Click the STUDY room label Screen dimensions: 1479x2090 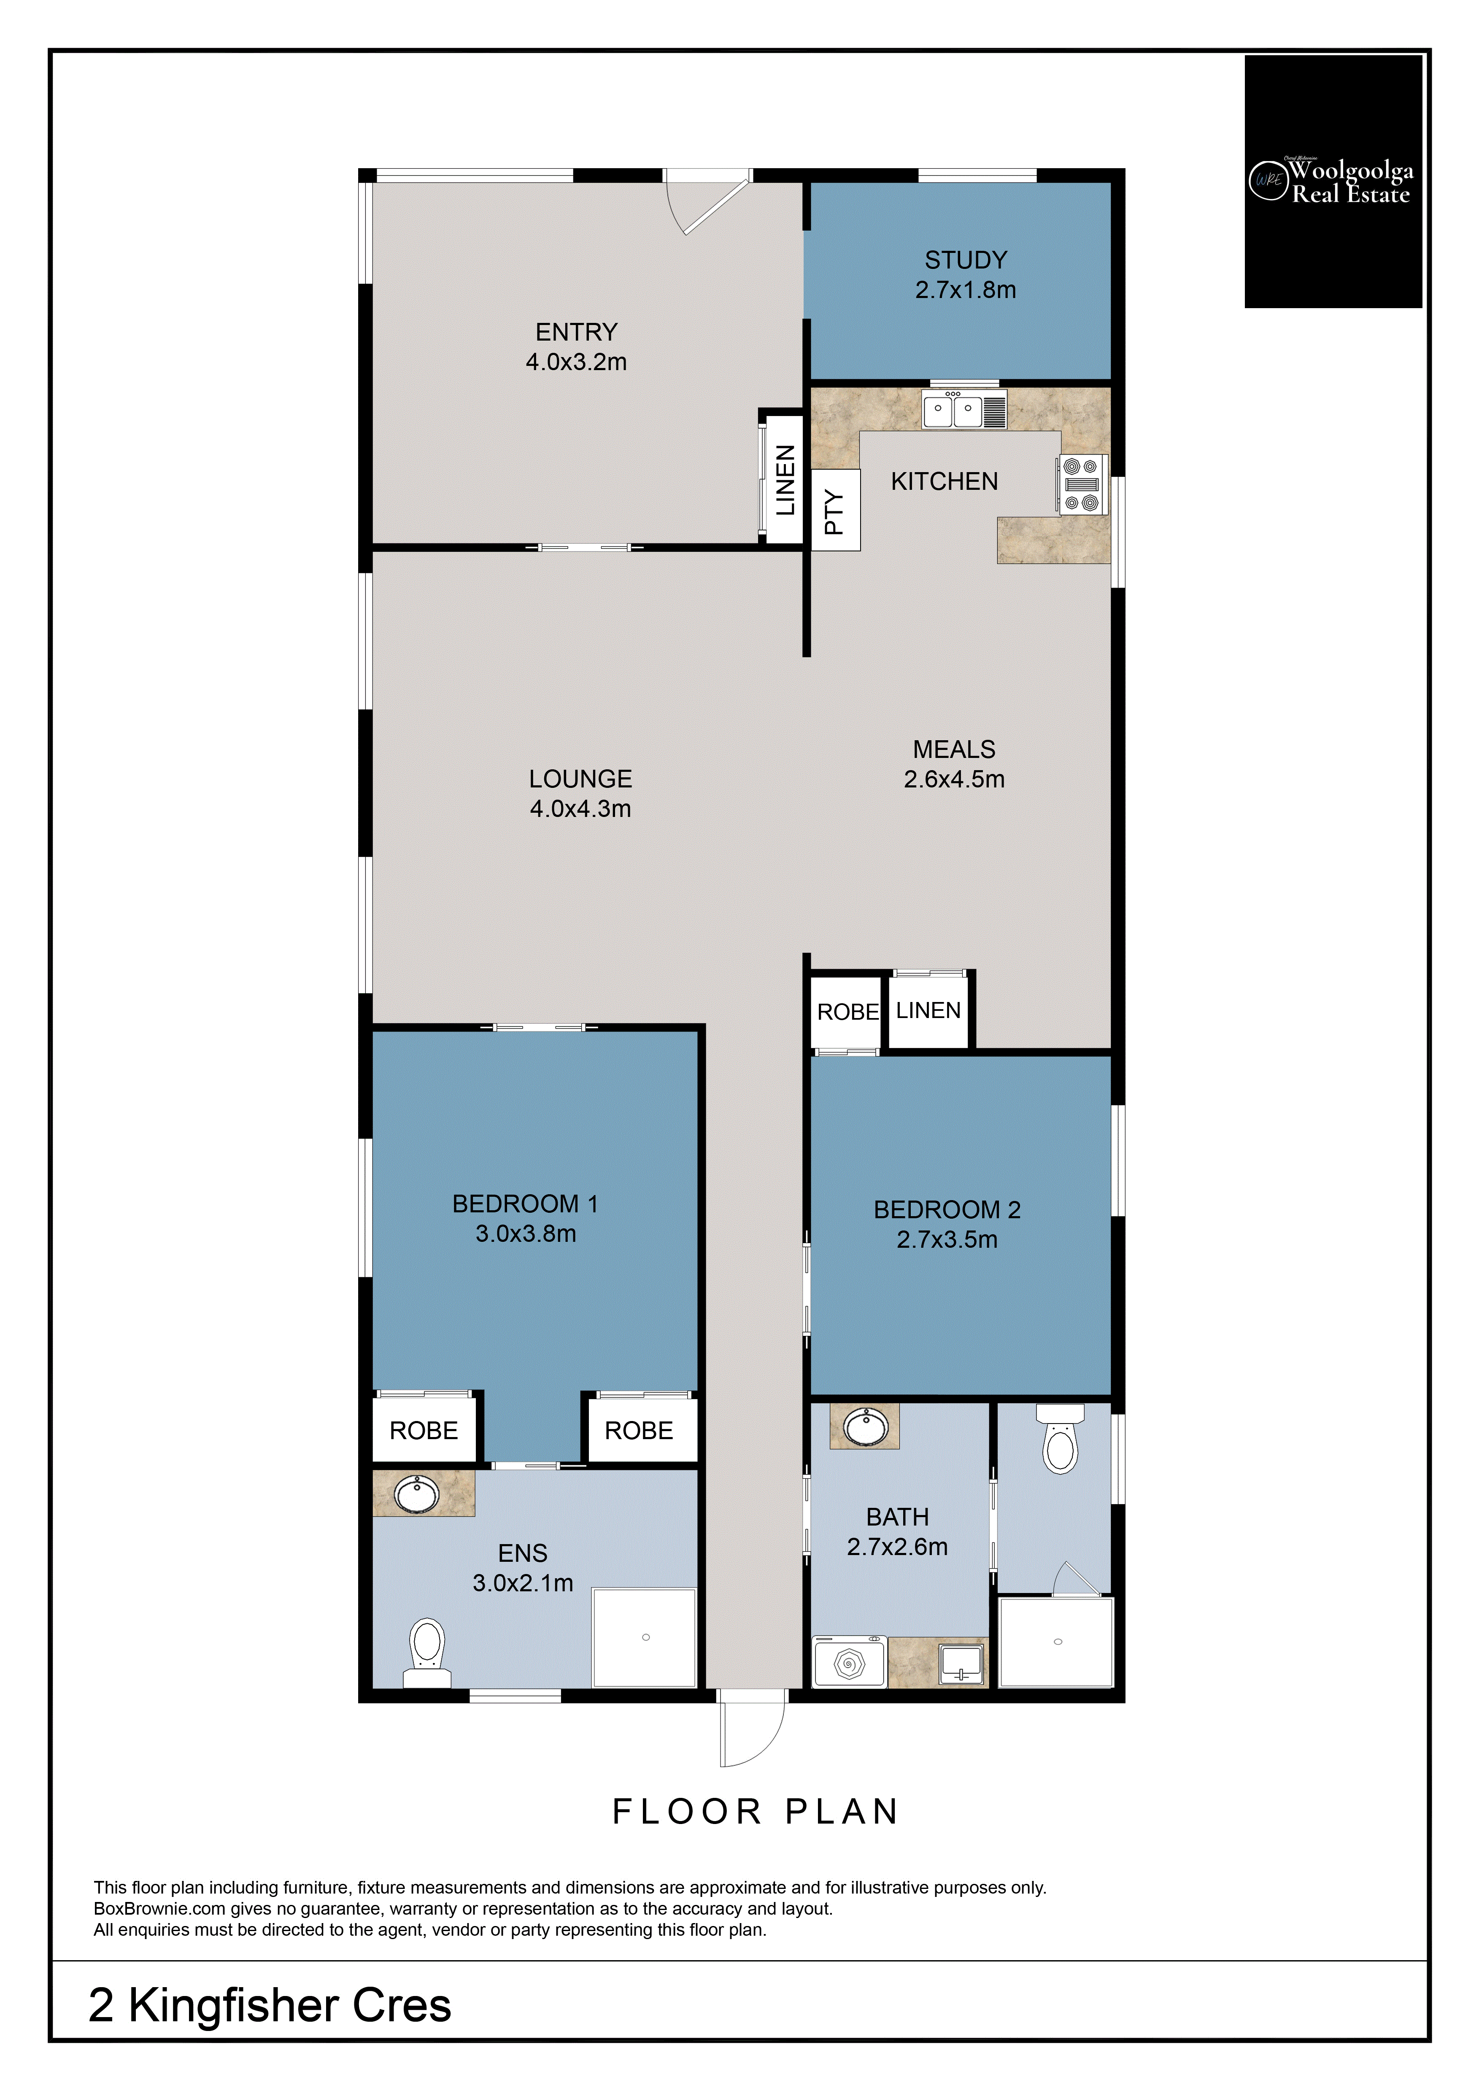[965, 261]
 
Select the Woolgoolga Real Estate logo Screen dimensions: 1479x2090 [1332, 181]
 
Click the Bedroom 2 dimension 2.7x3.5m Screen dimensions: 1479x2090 [947, 1239]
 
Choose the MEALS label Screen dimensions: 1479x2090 [953, 749]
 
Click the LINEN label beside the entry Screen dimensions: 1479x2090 [785, 480]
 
